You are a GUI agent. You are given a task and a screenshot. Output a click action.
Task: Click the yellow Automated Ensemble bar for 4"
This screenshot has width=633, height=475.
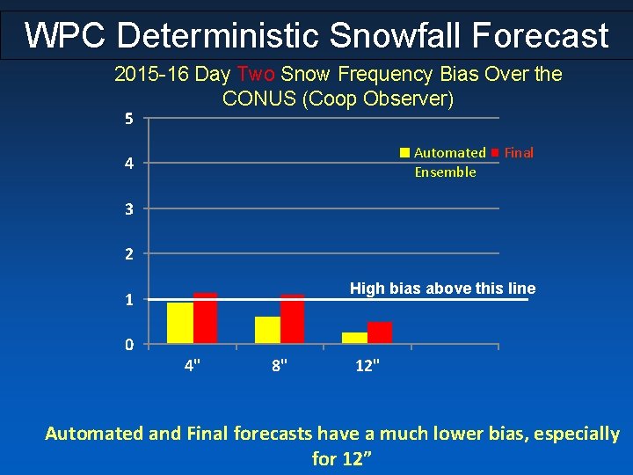tap(179, 323)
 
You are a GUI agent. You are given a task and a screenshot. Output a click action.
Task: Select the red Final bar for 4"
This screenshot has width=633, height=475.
tap(205, 318)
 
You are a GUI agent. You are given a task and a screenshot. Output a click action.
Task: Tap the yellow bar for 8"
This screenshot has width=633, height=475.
tap(267, 330)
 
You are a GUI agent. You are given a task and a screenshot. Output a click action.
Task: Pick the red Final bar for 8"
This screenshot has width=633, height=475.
tap(293, 318)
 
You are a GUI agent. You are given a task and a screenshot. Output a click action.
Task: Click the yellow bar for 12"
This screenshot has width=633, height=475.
tap(354, 338)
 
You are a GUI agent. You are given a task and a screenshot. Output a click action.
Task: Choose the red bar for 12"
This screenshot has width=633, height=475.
tap(380, 332)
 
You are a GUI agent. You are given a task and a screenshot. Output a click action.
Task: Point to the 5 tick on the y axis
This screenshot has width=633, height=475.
tap(128, 119)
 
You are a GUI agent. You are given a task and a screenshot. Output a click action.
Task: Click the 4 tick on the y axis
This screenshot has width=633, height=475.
tap(128, 164)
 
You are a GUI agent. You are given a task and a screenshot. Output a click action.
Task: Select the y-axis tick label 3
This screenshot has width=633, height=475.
tap(128, 209)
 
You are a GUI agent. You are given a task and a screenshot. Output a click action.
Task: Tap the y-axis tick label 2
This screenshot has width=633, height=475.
tap(128, 254)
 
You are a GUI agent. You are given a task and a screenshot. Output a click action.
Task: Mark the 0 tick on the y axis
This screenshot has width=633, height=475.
tap(128, 344)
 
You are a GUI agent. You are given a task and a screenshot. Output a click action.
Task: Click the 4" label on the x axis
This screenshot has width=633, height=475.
tap(192, 365)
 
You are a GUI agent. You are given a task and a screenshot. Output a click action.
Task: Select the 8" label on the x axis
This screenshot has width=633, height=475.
tap(280, 365)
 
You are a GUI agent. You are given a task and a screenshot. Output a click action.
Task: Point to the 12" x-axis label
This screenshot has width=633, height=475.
tap(367, 365)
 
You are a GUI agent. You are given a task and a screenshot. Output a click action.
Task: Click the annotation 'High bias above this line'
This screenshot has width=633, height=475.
tap(442, 289)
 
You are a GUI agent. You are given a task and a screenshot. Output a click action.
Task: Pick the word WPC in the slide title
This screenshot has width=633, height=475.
tap(65, 36)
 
